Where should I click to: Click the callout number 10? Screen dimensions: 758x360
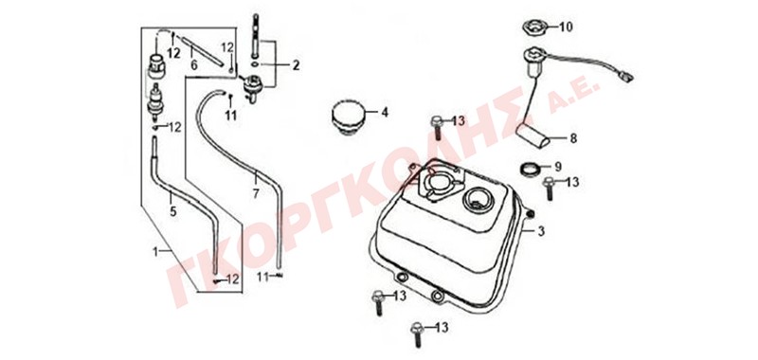point(566,27)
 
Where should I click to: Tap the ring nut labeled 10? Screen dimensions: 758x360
point(534,27)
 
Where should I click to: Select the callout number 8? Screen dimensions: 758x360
point(573,138)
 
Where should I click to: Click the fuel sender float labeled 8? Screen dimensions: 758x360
point(532,135)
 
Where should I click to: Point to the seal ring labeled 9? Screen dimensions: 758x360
point(530,169)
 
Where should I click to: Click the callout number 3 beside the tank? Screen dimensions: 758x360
point(541,231)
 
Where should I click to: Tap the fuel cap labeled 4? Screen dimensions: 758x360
point(348,118)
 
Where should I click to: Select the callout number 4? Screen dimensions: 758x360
point(385,113)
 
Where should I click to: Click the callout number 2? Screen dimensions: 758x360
point(296,64)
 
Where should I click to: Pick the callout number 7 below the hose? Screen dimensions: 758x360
point(256,194)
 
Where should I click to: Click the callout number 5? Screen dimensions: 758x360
point(172,210)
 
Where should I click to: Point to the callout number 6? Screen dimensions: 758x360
point(194,64)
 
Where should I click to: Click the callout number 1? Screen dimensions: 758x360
point(155,251)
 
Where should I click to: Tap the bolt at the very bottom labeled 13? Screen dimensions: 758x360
point(415,333)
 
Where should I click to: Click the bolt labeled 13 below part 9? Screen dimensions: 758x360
point(549,189)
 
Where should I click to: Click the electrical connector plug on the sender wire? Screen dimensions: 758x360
point(626,77)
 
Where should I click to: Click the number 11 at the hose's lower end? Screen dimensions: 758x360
point(262,277)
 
